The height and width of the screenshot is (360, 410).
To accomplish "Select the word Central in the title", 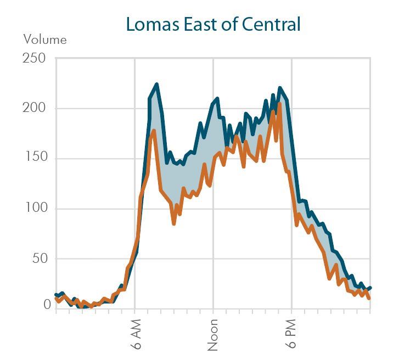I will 276,25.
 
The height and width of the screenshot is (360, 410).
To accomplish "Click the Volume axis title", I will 44,40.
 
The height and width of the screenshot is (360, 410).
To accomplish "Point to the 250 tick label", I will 34,58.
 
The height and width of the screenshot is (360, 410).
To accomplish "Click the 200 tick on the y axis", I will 34,108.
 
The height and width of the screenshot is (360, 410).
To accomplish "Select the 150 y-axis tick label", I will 34,158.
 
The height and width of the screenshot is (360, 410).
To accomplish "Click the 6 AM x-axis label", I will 136,334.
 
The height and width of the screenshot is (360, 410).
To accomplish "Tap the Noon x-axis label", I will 214,334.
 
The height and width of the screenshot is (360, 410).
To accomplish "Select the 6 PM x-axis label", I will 291,334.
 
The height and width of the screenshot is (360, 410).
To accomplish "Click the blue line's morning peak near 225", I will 156,85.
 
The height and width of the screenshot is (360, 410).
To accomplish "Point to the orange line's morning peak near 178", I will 154,131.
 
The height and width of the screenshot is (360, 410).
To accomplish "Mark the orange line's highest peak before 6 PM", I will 279,103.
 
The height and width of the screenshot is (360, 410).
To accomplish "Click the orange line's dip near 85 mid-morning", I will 173,223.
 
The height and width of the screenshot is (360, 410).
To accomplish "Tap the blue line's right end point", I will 370,288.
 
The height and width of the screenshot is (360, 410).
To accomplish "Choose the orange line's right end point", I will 369,299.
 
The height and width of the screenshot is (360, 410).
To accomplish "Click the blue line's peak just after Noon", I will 217,99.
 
